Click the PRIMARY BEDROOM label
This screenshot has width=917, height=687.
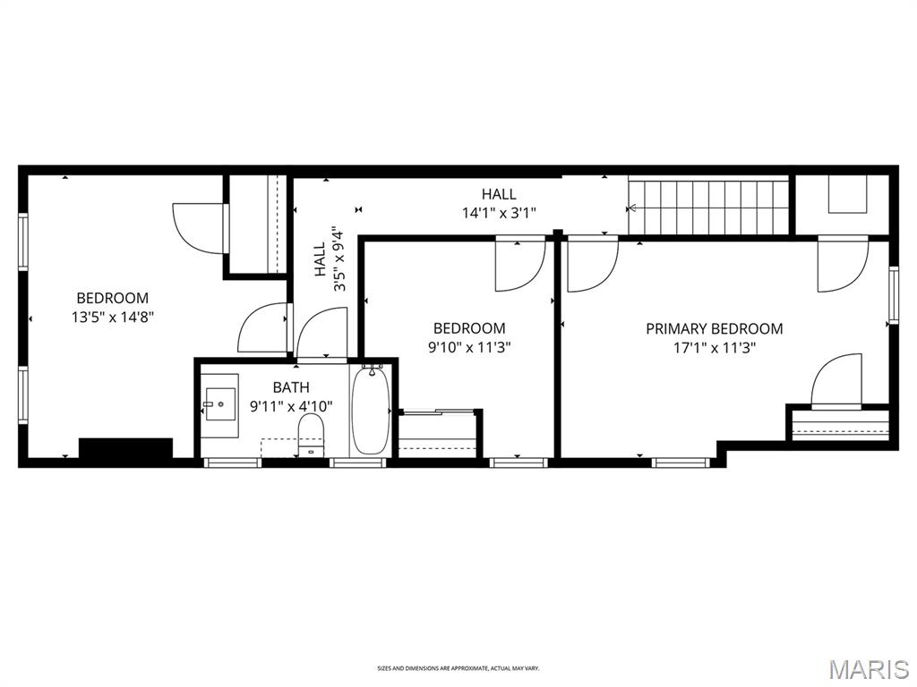(x=714, y=328)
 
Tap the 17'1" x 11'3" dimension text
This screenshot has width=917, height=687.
(x=714, y=348)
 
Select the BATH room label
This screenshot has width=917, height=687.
(x=291, y=387)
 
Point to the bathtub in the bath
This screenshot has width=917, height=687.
(x=369, y=411)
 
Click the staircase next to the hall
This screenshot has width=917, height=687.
(x=708, y=207)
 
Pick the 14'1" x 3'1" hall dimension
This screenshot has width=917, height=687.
(x=499, y=213)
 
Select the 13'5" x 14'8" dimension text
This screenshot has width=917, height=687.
(x=112, y=317)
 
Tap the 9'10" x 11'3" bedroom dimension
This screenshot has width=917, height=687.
(x=468, y=347)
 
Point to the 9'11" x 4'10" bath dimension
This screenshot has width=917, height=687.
(x=291, y=406)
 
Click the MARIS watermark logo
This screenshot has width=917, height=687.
(x=870, y=668)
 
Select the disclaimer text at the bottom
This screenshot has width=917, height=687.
(x=458, y=668)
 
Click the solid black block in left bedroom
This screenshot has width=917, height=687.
(x=125, y=447)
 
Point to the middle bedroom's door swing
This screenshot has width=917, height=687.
(x=519, y=266)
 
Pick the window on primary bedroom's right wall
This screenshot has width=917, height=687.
(x=893, y=295)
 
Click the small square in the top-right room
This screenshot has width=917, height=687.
(x=847, y=194)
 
